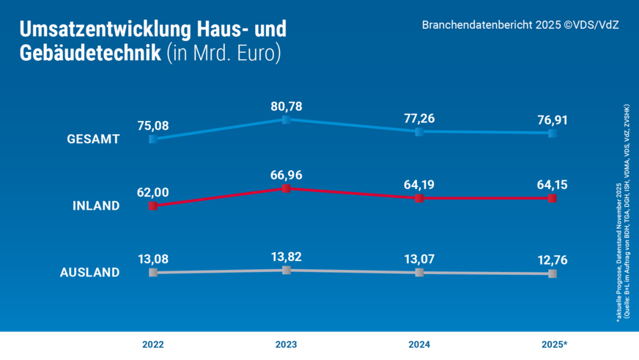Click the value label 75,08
(152, 125)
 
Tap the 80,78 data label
(286, 106)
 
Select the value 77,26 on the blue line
(418, 117)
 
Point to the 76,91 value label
(552, 119)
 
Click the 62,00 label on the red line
(152, 192)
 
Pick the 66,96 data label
(286, 175)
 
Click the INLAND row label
(95, 206)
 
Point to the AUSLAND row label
(89, 273)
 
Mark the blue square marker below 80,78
(287, 120)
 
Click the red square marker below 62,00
(152, 207)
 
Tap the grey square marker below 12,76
(552, 273)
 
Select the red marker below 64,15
(552, 199)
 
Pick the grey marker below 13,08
(152, 272)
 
